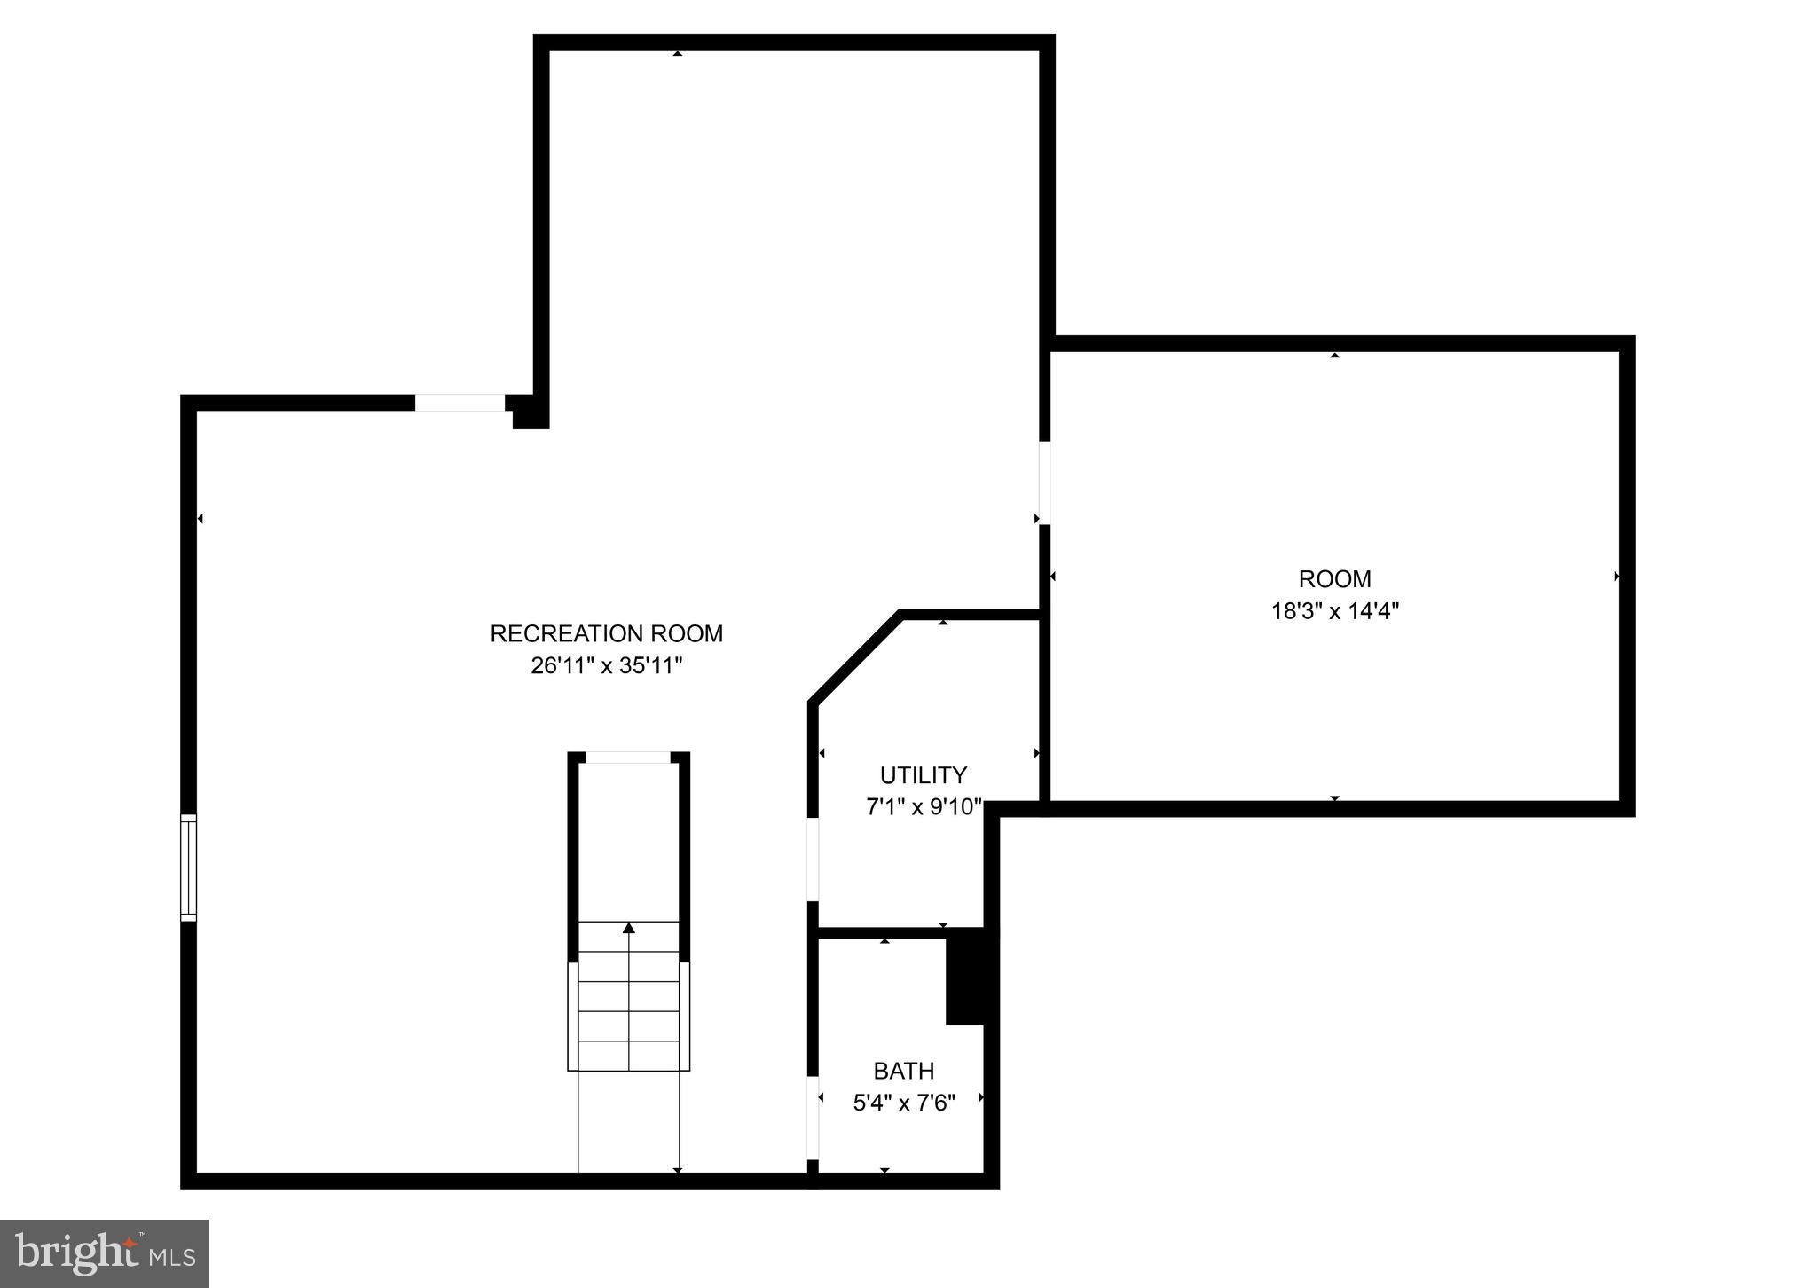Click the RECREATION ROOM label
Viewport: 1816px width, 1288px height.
pos(607,634)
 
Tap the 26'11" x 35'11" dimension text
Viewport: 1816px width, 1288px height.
pos(607,666)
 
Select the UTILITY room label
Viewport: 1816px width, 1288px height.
pos(923,776)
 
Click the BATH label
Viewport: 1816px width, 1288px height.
pos(903,1072)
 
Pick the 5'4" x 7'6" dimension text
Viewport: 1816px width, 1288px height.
pos(903,1103)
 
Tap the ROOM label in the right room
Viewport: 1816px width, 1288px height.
pos(1334,579)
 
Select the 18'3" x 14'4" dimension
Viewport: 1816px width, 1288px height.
pos(1334,611)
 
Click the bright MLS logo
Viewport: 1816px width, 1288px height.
pos(105,1253)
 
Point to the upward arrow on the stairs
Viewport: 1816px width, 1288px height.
pos(629,929)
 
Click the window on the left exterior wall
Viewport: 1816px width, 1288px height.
pos(188,867)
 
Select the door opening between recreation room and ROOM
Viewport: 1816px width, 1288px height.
pos(1045,483)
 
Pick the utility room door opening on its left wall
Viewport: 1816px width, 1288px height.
pos(813,859)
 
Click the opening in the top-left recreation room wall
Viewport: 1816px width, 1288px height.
pos(460,403)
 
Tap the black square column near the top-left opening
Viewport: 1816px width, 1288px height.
pos(531,413)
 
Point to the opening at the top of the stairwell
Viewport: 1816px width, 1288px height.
pos(628,758)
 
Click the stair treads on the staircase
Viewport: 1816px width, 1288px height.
pos(629,996)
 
